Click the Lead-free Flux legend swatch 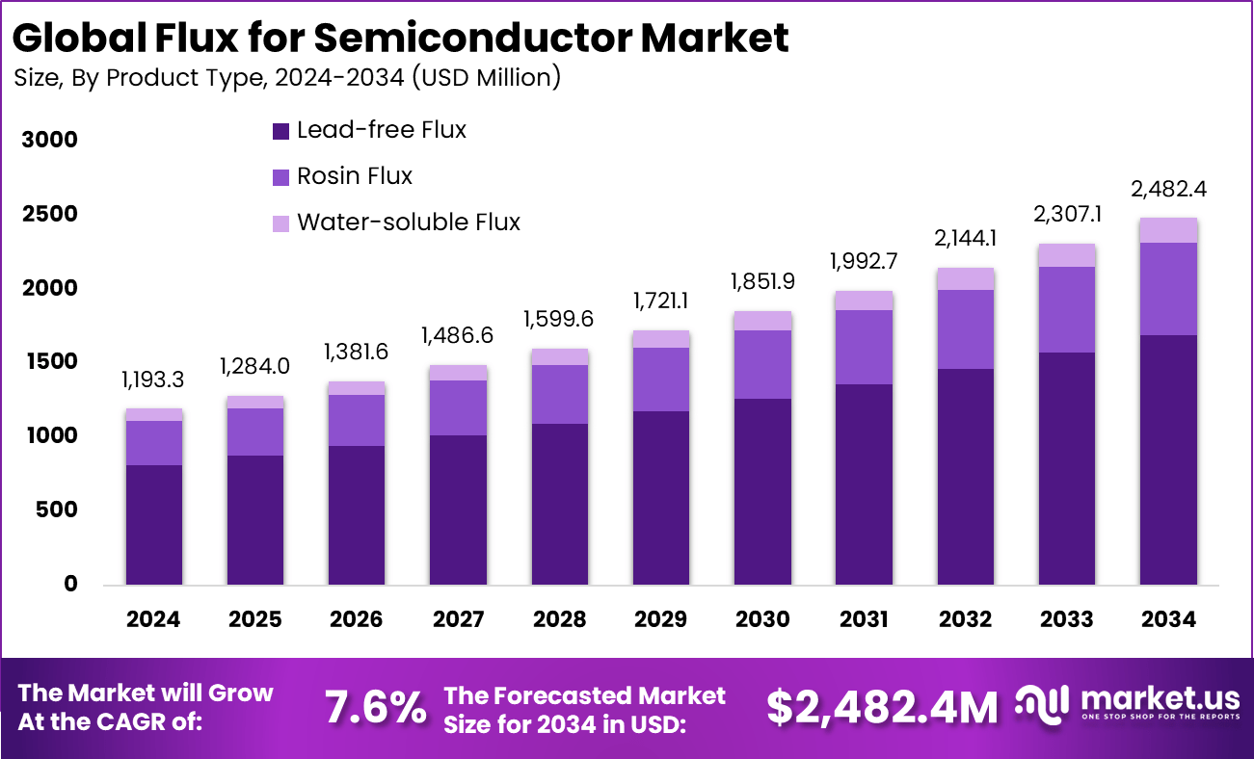point(281,131)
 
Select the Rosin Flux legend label point(354,176)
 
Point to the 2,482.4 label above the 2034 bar point(1167,189)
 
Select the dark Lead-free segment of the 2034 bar point(1167,459)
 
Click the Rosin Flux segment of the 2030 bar point(762,364)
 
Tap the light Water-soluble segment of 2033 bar point(1066,255)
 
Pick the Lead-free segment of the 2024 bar point(154,525)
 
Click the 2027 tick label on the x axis point(458,619)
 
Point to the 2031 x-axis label point(863,619)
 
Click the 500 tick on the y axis point(55,510)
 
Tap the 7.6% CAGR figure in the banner point(375,708)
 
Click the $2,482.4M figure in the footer point(882,708)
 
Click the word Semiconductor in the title point(473,38)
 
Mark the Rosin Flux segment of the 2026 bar point(357,420)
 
